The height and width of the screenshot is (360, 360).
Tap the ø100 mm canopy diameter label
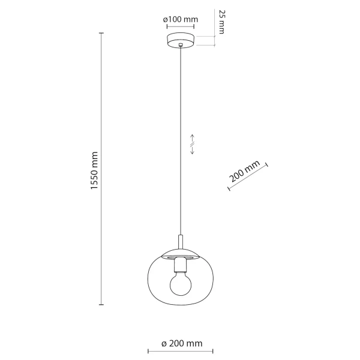pyautogui.click(x=181, y=20)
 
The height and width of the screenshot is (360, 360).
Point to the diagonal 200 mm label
pyautogui.click(x=244, y=172)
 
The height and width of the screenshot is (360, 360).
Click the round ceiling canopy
pyautogui.click(x=181, y=41)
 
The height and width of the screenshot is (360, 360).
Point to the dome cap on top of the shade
pyautogui.click(x=181, y=253)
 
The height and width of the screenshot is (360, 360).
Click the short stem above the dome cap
pyautogui.click(x=181, y=242)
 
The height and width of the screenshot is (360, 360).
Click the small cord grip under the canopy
pyautogui.click(x=181, y=49)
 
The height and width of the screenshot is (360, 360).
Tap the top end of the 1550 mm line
pyautogui.click(x=101, y=33)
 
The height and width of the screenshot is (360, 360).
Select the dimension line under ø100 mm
pyautogui.click(x=181, y=29)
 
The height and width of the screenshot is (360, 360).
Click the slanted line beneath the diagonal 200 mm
pyautogui.click(x=248, y=178)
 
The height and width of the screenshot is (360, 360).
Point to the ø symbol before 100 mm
pyautogui.click(x=166, y=20)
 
